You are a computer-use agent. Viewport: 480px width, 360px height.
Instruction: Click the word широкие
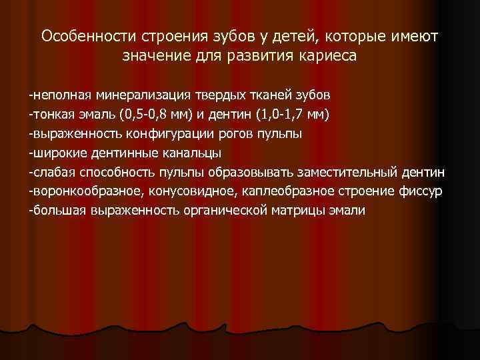pyautogui.click(x=61, y=153)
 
